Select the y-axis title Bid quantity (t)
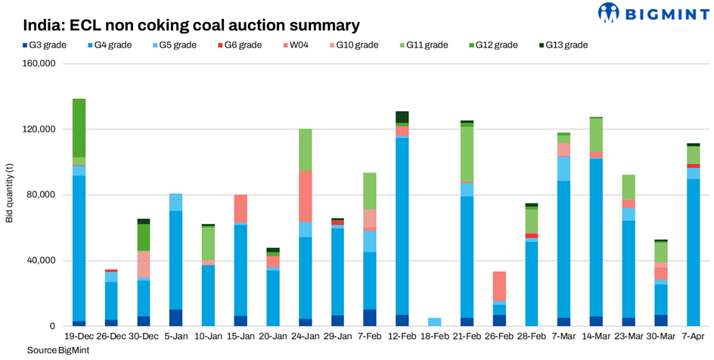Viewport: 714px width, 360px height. click(x=10, y=194)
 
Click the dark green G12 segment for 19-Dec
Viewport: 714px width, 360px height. click(x=79, y=127)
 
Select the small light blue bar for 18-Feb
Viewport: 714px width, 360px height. click(x=434, y=322)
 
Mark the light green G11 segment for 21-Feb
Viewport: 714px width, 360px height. click(x=467, y=154)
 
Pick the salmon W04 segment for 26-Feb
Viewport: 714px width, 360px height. click(x=499, y=286)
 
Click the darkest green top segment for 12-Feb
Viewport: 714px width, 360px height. click(x=402, y=116)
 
